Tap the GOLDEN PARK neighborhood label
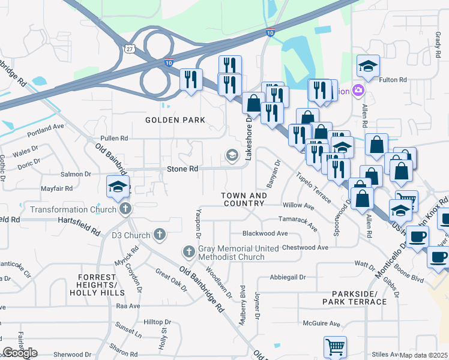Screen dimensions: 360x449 coord(175,120)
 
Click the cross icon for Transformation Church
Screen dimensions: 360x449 coord(125,209)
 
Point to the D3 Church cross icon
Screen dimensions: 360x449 coord(159,233)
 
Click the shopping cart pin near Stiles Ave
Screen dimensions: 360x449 coord(335,347)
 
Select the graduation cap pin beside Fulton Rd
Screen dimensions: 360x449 coord(369,66)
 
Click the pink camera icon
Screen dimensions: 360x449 coord(358,91)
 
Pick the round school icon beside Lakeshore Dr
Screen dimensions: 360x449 coord(232,156)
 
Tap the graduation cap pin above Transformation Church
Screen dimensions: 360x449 coord(118,186)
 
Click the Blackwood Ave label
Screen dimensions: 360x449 coord(265,233)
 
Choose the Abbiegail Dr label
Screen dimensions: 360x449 coord(288,277)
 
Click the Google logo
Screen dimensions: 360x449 coord(20,353)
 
